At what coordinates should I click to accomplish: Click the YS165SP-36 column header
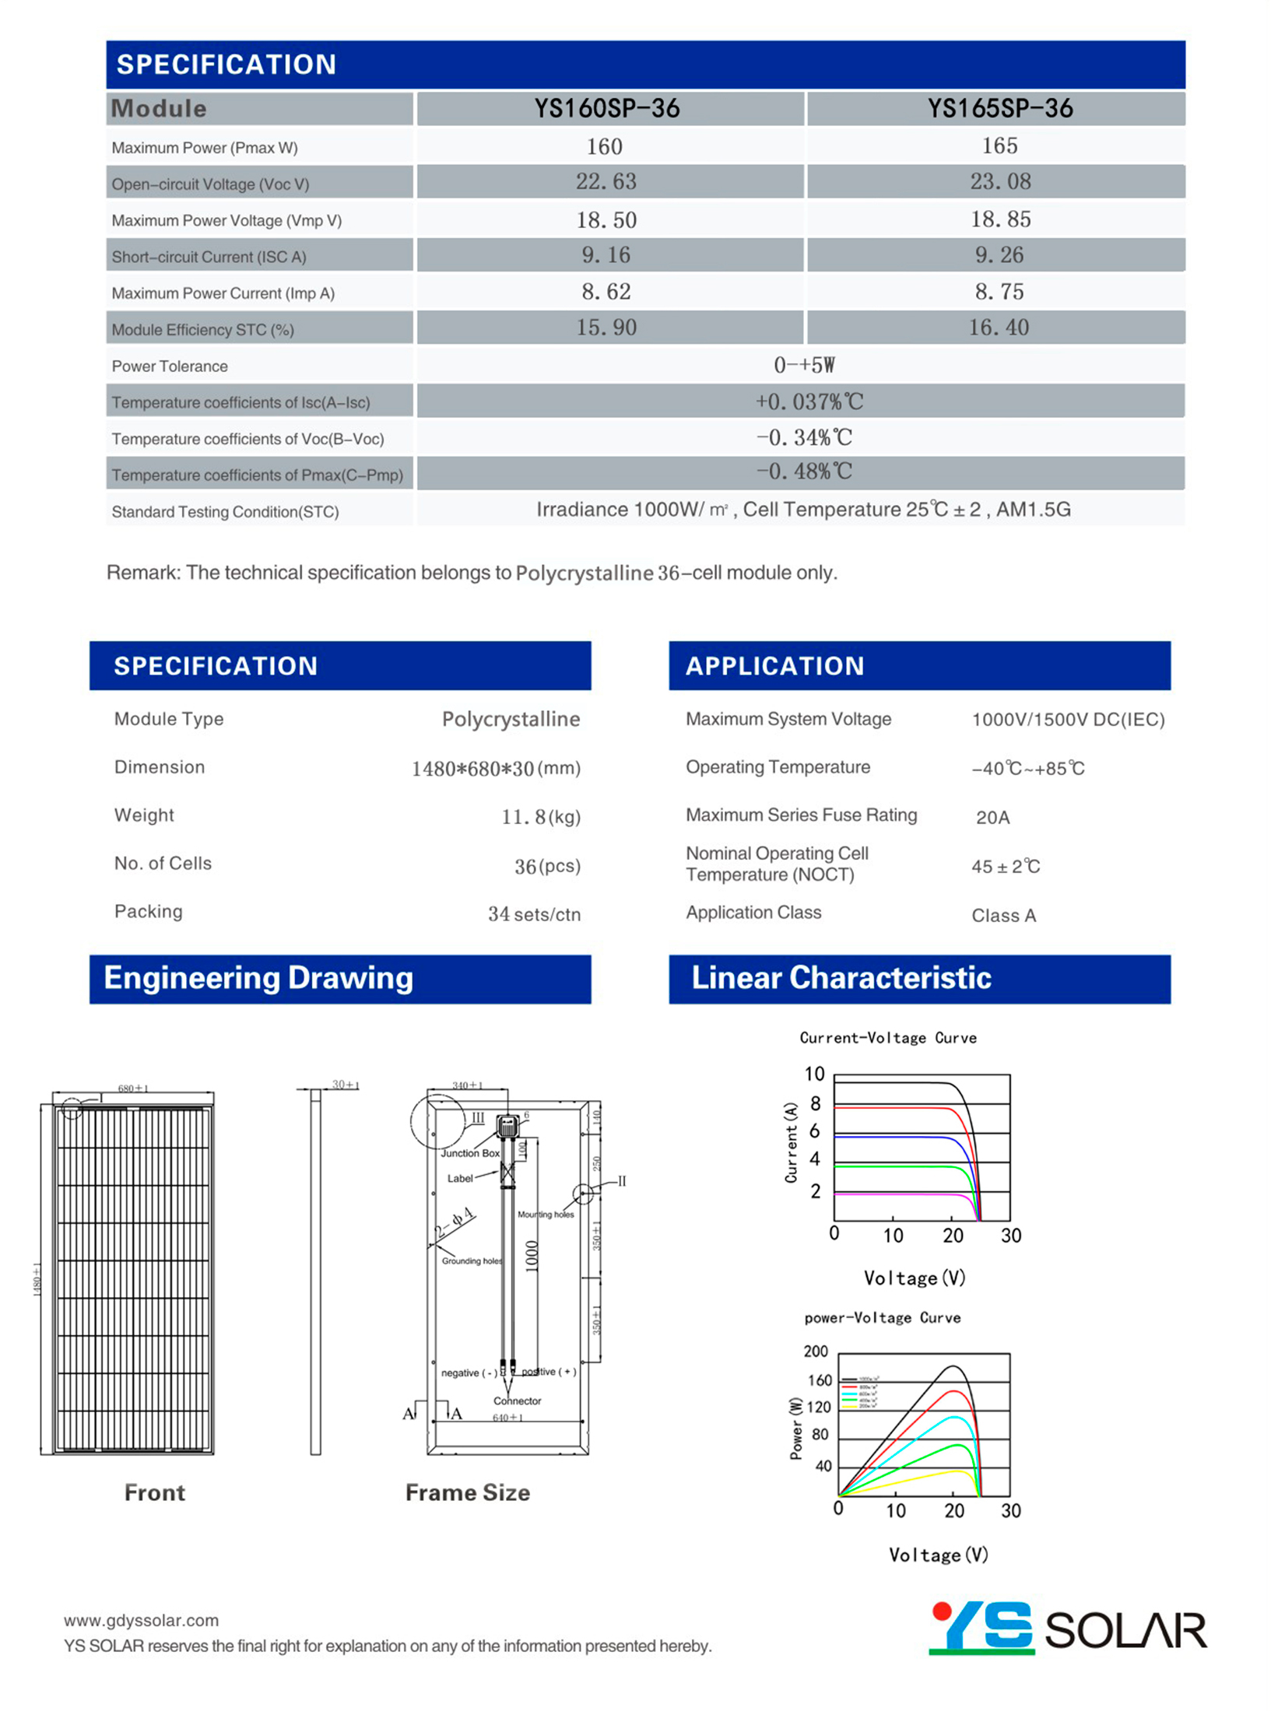click(999, 108)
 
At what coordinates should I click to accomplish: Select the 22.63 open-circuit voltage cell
click(606, 181)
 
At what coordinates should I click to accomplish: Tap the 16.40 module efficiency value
click(998, 328)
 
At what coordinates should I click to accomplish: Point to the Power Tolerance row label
click(170, 366)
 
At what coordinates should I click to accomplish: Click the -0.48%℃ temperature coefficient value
click(804, 472)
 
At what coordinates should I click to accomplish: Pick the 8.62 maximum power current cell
click(606, 292)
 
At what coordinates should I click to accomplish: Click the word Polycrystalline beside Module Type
click(511, 719)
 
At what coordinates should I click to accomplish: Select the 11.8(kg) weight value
click(541, 817)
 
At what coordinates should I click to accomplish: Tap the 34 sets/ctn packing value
click(534, 914)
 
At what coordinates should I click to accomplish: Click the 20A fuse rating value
click(992, 817)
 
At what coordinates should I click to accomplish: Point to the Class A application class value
click(1003, 915)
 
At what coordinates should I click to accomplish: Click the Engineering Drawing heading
click(258, 978)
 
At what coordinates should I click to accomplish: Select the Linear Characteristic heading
click(841, 978)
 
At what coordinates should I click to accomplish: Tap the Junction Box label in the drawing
click(470, 1153)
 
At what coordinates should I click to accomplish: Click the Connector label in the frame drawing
click(517, 1401)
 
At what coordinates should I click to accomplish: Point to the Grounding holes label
click(472, 1260)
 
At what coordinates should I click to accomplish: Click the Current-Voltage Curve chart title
click(887, 1038)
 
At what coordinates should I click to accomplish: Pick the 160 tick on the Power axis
click(820, 1380)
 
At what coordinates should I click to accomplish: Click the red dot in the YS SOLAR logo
click(942, 1611)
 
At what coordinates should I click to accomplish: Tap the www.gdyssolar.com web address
click(141, 1620)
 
